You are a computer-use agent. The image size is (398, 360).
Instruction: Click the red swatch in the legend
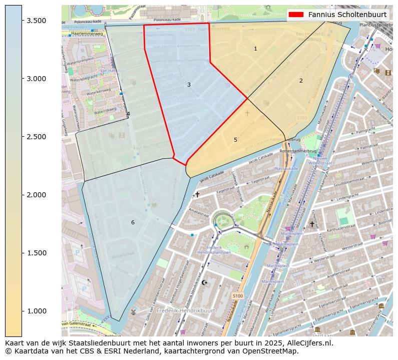pyautogui.click(x=296, y=15)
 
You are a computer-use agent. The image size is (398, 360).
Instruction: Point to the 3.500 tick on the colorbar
pyautogui.click(x=22, y=21)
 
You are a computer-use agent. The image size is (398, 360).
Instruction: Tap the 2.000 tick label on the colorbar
pyautogui.click(x=36, y=195)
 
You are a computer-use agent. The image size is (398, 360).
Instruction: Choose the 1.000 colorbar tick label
pyautogui.click(x=36, y=311)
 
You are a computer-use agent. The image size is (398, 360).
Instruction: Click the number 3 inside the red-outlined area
pyautogui.click(x=189, y=85)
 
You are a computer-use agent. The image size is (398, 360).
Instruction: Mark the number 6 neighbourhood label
pyautogui.click(x=133, y=222)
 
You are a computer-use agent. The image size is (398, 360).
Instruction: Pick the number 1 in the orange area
pyautogui.click(x=255, y=49)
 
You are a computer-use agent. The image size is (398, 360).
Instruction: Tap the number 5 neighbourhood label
pyautogui.click(x=235, y=140)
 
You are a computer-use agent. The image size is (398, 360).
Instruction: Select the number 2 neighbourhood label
pyautogui.click(x=301, y=81)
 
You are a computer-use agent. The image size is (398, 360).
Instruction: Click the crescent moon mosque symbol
pyautogui.click(x=204, y=282)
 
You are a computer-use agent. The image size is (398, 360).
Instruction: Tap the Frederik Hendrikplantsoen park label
pyautogui.click(x=211, y=250)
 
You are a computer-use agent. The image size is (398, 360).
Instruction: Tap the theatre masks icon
pyautogui.click(x=388, y=72)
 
